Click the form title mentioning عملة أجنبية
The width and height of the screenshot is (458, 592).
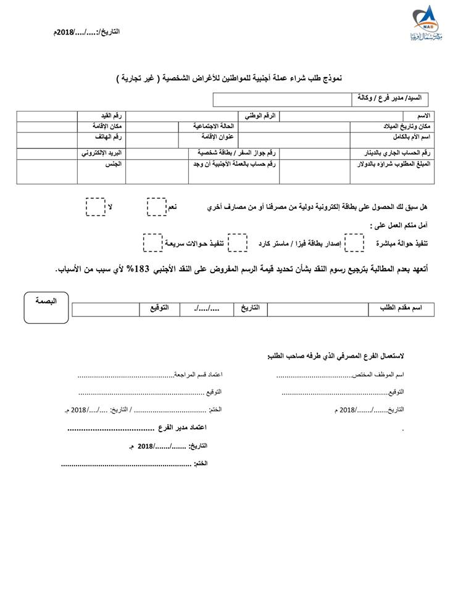pos(230,79)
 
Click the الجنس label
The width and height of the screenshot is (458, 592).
pos(112,164)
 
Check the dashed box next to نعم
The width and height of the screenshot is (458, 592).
pos(156,207)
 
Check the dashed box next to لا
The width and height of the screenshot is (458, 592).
pos(95,207)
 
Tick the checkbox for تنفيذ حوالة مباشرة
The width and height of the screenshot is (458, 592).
pos(354,243)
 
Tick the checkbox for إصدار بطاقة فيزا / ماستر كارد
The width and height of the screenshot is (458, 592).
pos(238,243)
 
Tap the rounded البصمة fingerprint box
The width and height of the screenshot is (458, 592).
pos(46,306)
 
